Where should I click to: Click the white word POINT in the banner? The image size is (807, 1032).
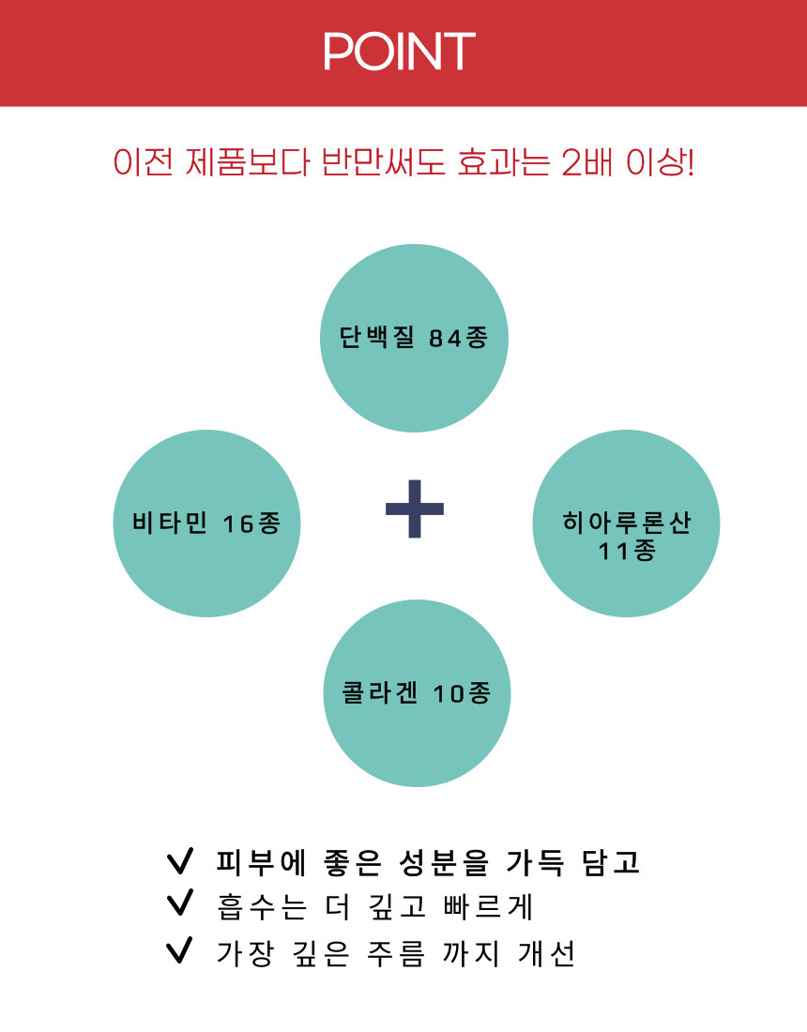click(x=399, y=52)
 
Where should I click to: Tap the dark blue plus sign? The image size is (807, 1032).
click(x=415, y=508)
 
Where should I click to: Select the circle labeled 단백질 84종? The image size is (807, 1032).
click(x=414, y=339)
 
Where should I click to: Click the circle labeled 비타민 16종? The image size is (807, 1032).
click(x=206, y=524)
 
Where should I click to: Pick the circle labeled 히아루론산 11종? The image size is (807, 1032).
click(x=626, y=524)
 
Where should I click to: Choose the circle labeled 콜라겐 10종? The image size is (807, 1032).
click(x=417, y=693)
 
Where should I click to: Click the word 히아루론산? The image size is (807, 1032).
click(x=626, y=523)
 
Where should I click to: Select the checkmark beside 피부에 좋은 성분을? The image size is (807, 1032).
click(x=180, y=861)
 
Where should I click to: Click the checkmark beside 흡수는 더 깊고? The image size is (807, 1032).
click(x=180, y=903)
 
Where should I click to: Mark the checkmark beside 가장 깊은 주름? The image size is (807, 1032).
click(x=180, y=949)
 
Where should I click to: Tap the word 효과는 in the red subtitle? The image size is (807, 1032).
click(x=503, y=162)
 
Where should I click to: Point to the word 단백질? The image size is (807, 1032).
click(x=376, y=338)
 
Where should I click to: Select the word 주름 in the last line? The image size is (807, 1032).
click(x=396, y=954)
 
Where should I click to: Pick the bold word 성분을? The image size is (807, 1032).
click(x=444, y=862)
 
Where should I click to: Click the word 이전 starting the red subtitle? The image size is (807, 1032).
click(x=143, y=162)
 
